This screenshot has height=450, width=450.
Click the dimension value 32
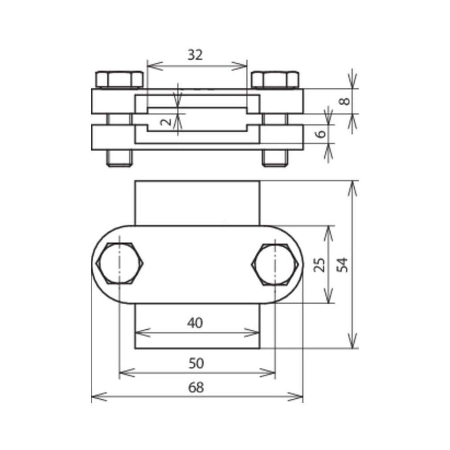195,55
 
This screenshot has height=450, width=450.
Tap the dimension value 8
345,101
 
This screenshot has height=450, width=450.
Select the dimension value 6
321,134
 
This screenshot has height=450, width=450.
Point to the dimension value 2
166,122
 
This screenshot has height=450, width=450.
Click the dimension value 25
319,265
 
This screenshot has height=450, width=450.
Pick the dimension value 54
343,265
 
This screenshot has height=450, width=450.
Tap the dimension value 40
195,323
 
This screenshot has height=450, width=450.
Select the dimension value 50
196,363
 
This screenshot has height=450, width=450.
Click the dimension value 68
196,388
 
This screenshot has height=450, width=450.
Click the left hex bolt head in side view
119,79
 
